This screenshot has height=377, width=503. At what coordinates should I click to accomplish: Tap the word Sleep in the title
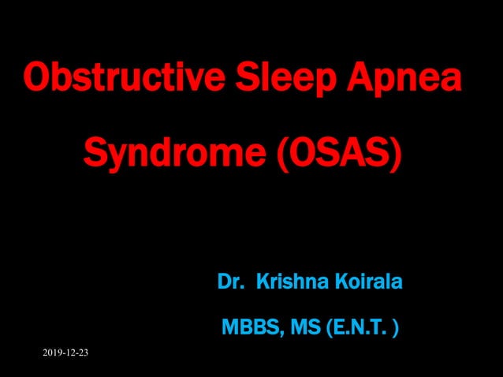[x=270, y=80]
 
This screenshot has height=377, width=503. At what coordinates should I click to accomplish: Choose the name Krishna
[x=288, y=281]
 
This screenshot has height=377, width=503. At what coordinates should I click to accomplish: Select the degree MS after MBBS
[x=300, y=325]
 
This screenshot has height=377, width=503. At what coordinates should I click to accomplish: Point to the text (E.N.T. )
[x=358, y=325]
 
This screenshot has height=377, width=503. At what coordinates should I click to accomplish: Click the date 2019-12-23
[x=65, y=352]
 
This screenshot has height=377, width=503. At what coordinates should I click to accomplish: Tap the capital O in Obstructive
[x=36, y=79]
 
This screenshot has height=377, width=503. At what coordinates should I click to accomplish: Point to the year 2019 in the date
[x=52, y=352]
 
